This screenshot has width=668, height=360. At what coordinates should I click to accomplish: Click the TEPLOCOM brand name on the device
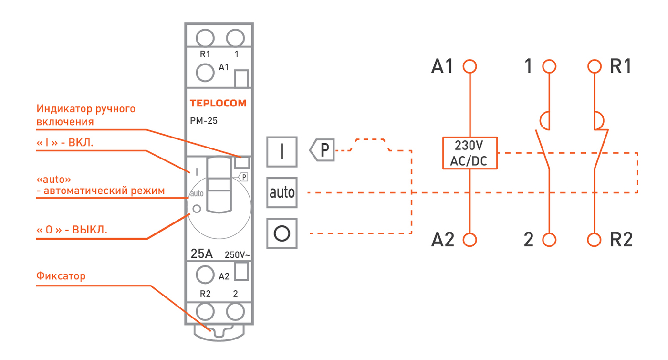tap(219, 103)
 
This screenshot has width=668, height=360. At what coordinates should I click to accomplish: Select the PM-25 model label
tap(204, 121)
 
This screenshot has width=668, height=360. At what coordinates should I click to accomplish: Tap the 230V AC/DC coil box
tap(470, 153)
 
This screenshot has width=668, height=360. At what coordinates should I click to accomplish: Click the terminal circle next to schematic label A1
tap(470, 66)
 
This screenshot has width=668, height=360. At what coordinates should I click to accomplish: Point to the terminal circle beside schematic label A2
tap(470, 240)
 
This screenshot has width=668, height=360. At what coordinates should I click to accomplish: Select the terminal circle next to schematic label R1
tap(595, 66)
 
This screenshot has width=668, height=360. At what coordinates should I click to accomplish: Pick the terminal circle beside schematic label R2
tap(594, 240)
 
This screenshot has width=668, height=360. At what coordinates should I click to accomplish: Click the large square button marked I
tap(282, 152)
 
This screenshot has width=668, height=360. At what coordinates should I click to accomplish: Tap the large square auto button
tap(282, 192)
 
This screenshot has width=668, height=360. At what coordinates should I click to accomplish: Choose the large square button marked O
tap(282, 233)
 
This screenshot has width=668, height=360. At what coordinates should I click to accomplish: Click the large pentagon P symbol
tap(322, 150)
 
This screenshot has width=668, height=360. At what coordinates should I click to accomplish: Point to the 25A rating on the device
tap(201, 254)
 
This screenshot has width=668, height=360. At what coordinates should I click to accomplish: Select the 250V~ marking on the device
tap(237, 255)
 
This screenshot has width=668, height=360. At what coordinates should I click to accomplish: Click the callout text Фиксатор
tap(61, 276)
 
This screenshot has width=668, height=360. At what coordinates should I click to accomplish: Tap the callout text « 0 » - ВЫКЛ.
tap(72, 230)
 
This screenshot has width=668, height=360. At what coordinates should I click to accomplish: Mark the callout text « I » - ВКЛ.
tap(65, 143)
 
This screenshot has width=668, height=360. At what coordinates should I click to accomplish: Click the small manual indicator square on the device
tap(242, 162)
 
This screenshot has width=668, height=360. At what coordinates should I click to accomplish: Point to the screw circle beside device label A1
tap(205, 73)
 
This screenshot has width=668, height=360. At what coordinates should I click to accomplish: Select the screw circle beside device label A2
tap(205, 275)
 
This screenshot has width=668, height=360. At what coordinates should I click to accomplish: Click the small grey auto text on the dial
tap(197, 194)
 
